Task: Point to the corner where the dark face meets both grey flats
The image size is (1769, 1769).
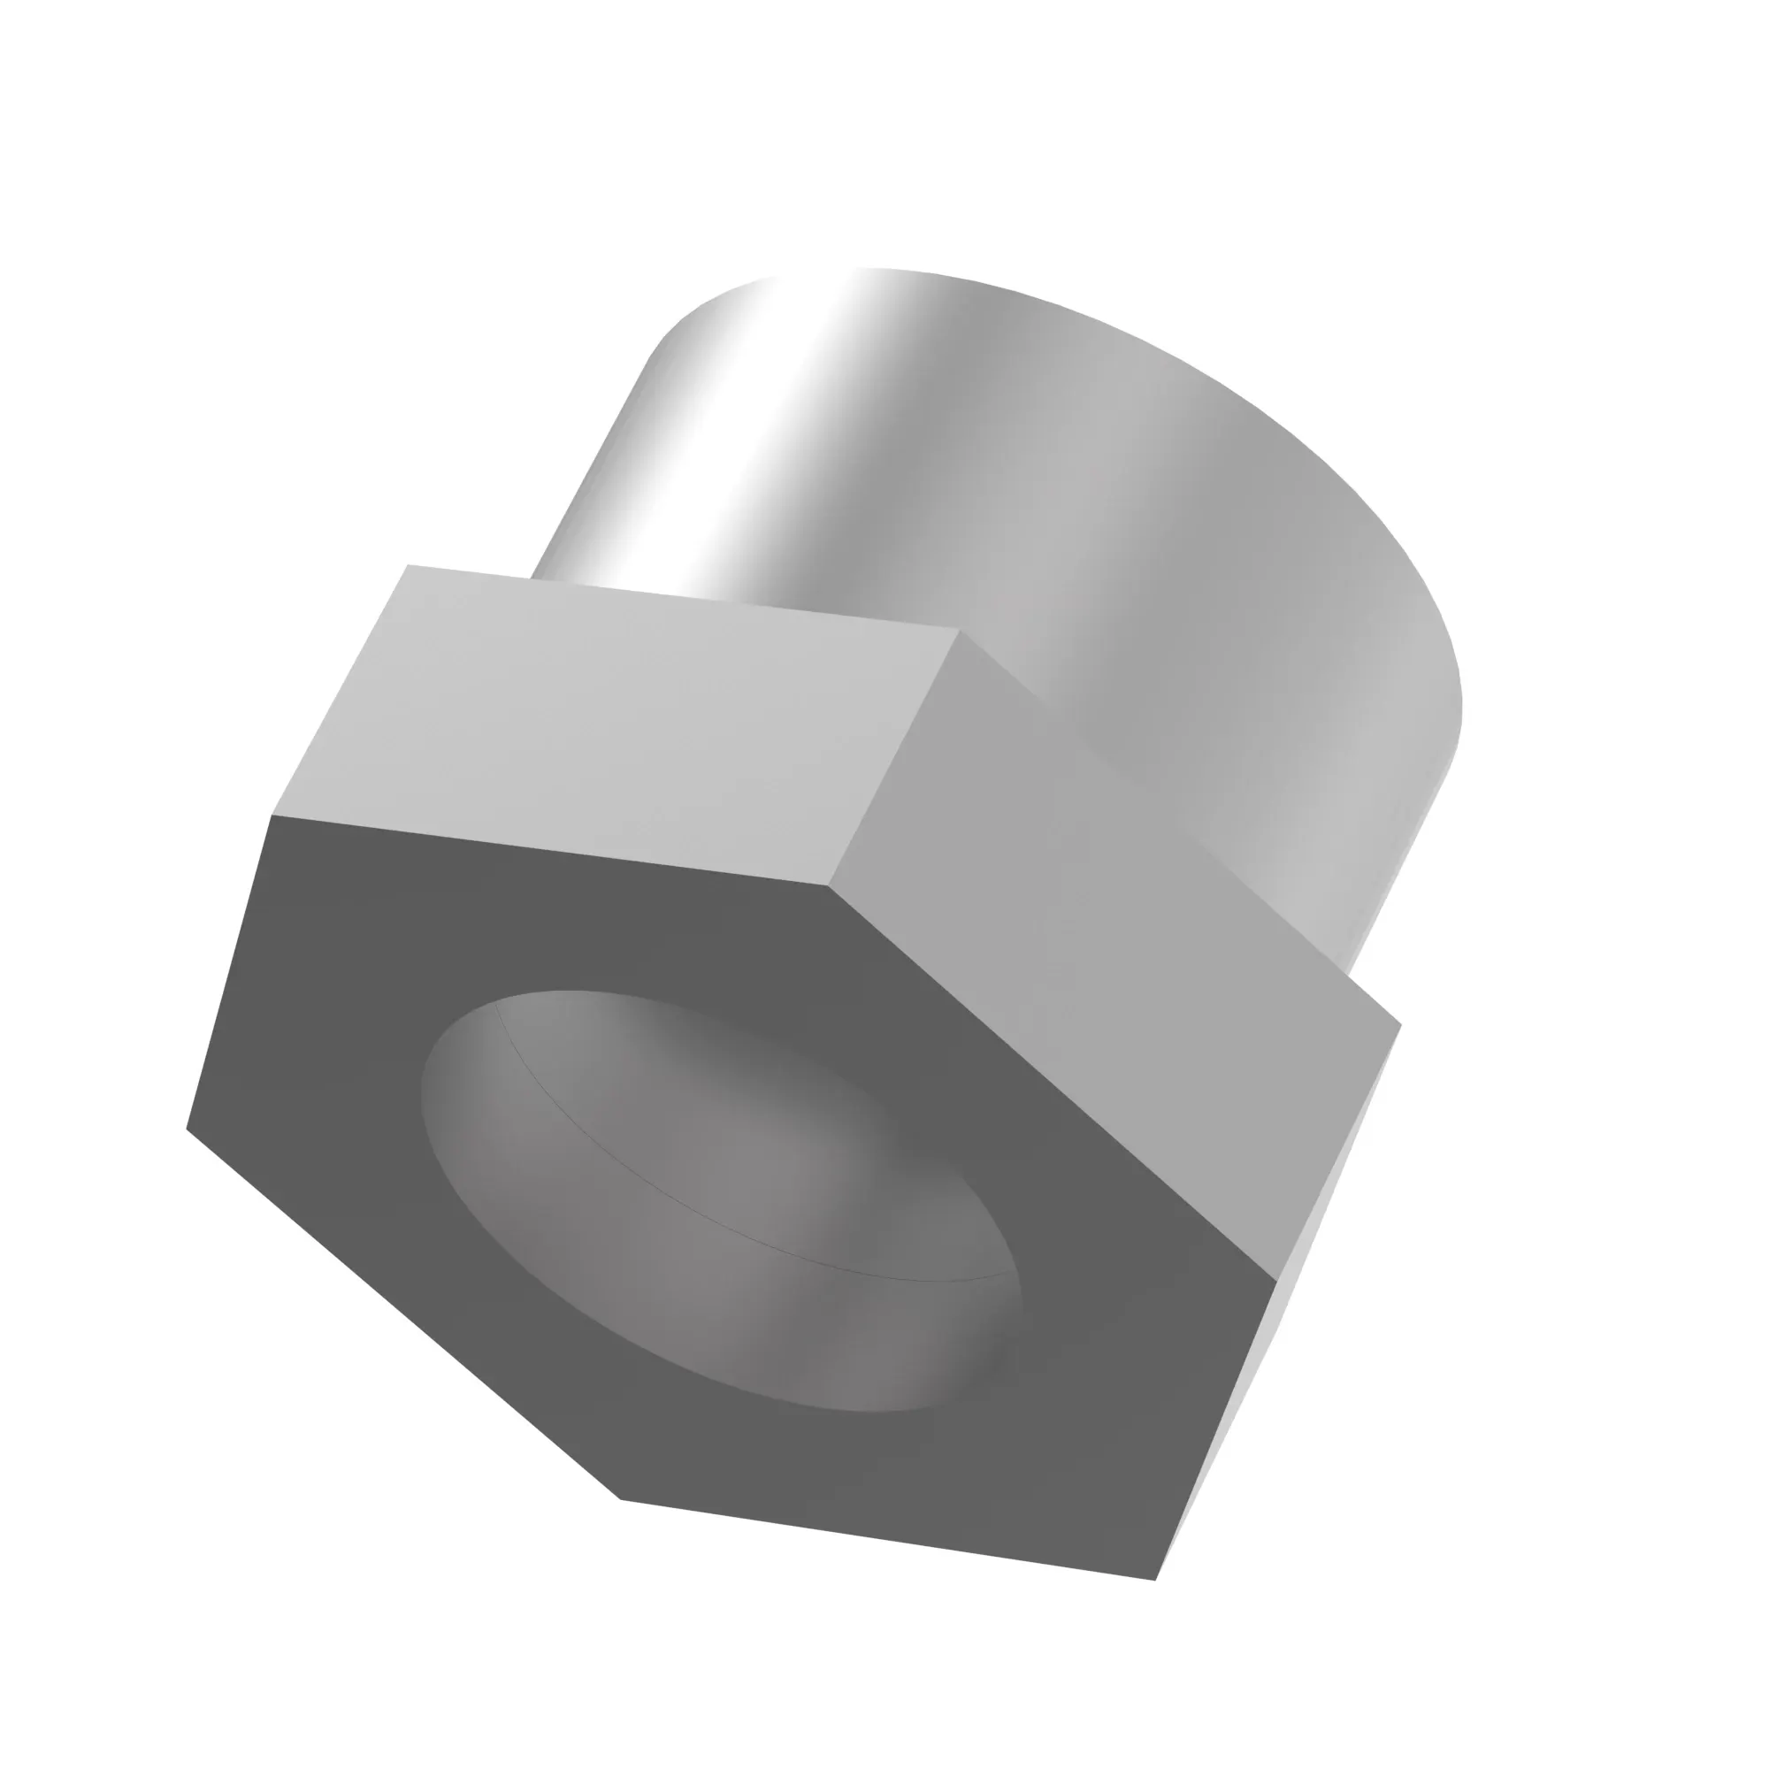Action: pyautogui.click(x=829, y=885)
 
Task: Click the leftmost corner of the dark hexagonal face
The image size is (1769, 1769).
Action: pyautogui.click(x=187, y=1128)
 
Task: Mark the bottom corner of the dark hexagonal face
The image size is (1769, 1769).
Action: pyautogui.click(x=621, y=1499)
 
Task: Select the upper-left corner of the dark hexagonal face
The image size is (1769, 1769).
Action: pyautogui.click(x=272, y=814)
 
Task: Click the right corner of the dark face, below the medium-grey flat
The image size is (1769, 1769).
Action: pyautogui.click(x=1277, y=1279)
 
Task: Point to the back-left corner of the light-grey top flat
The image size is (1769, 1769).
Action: pyautogui.click(x=408, y=565)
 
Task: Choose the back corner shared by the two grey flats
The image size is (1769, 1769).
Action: pyautogui.click(x=960, y=630)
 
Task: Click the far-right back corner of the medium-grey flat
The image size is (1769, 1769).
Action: pyautogui.click(x=1401, y=1024)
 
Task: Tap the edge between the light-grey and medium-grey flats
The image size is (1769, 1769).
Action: pyautogui.click(x=894, y=758)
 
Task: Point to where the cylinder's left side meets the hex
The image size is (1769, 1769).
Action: pyautogui.click(x=532, y=577)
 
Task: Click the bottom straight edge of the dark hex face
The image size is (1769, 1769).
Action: pyautogui.click(x=888, y=1540)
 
